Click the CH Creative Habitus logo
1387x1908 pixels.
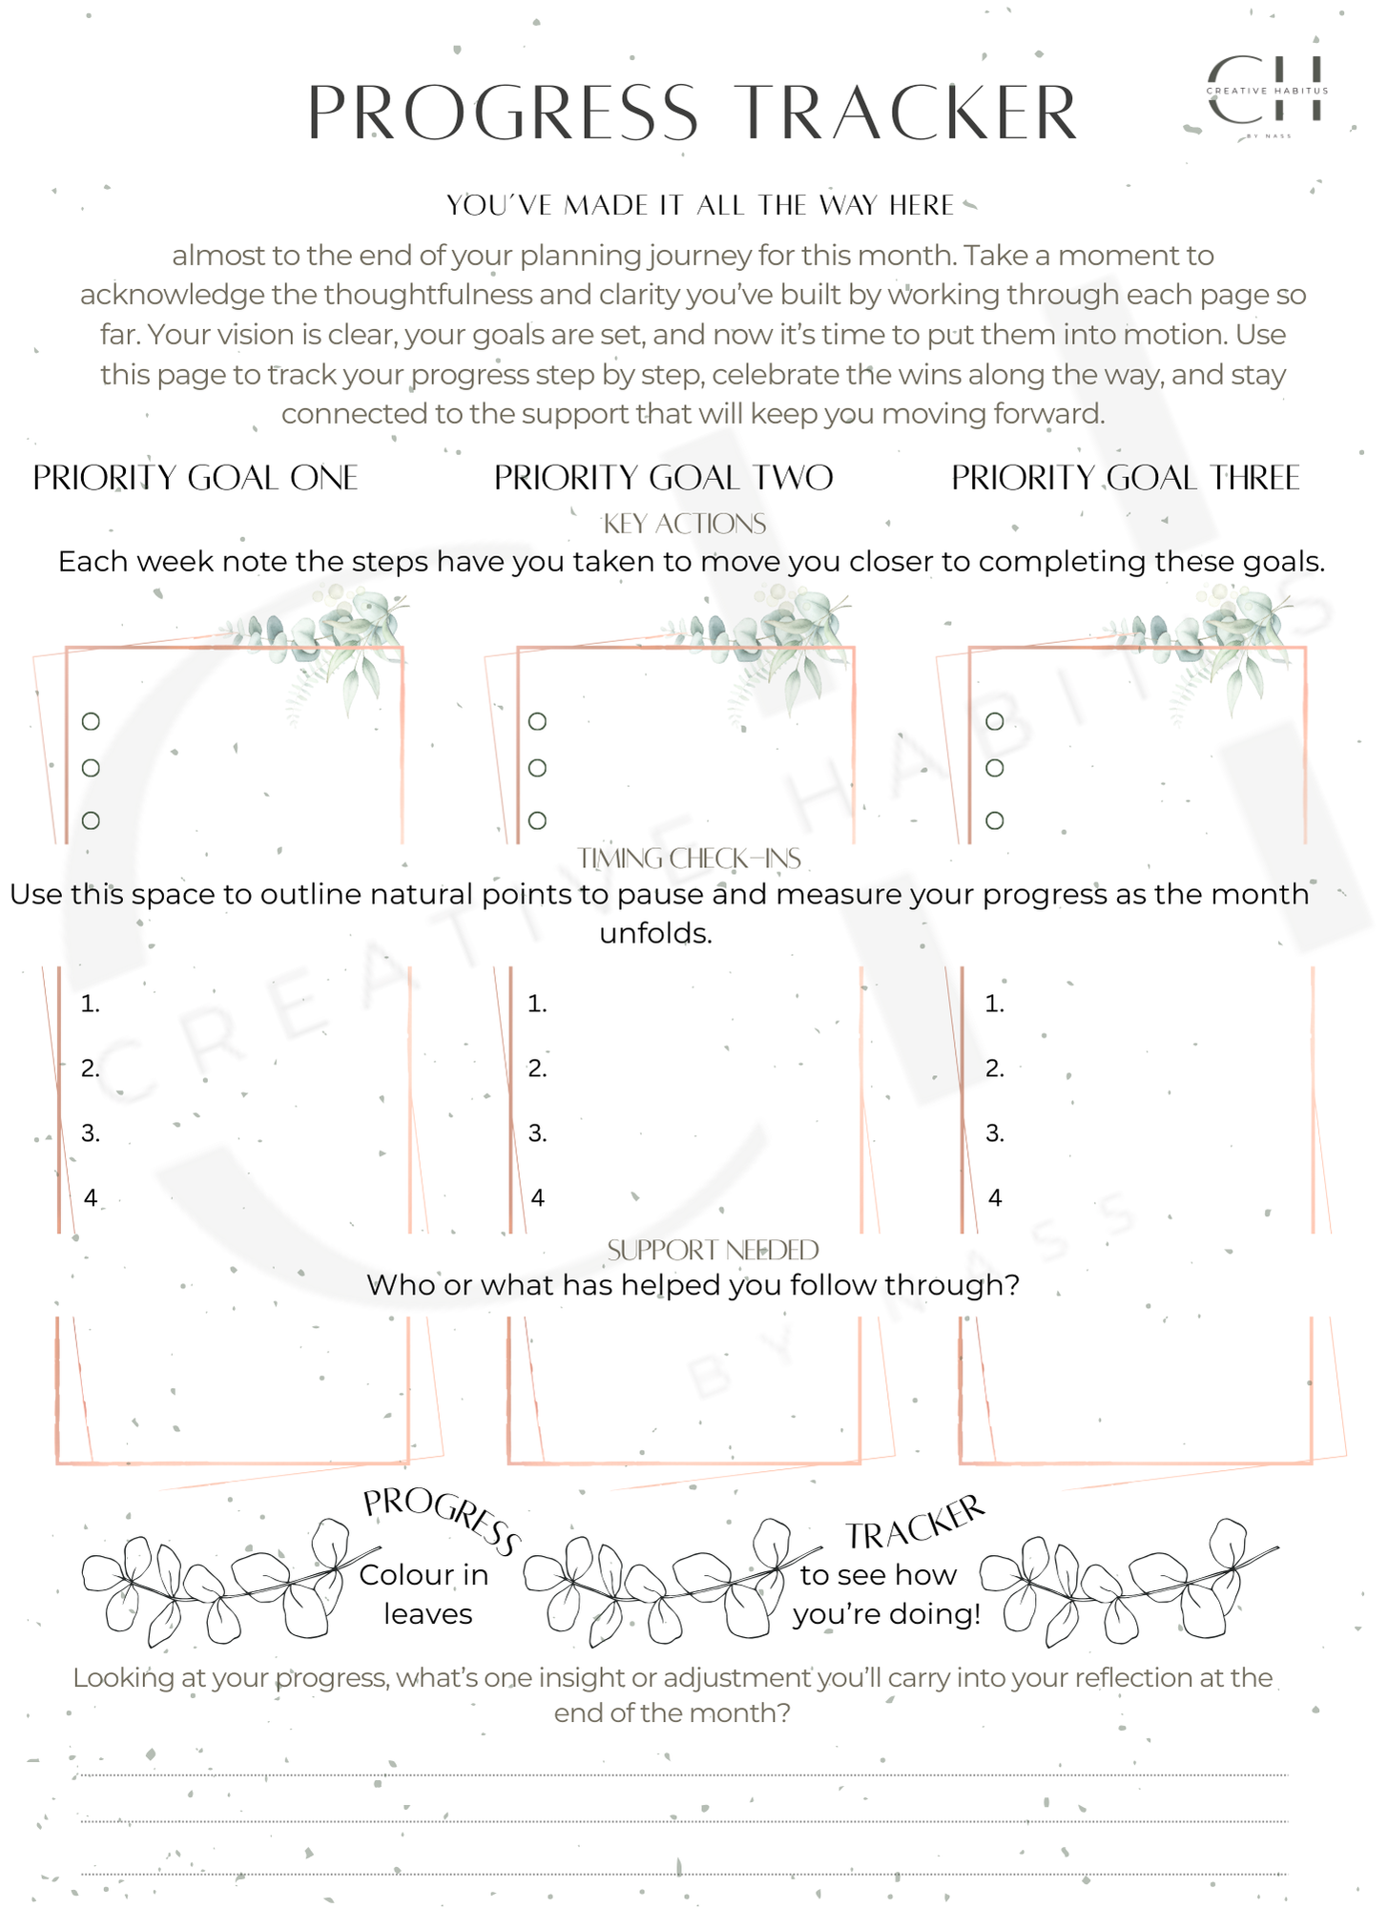1267,92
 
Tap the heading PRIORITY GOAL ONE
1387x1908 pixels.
196,478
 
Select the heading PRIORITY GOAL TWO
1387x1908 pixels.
663,478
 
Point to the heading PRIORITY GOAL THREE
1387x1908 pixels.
1126,478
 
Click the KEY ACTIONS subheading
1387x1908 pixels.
684,524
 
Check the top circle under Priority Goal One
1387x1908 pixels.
91,721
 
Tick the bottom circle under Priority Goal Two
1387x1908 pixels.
537,820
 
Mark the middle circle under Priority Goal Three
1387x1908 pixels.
994,768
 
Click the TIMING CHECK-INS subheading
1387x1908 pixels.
689,859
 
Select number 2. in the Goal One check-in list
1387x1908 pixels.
90,1068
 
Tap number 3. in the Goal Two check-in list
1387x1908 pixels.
537,1133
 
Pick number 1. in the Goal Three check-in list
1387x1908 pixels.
994,1004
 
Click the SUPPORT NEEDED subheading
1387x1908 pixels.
713,1250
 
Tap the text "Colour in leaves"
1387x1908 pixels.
425,1594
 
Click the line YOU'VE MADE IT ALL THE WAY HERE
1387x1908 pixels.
700,205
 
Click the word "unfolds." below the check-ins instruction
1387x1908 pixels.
655,933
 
